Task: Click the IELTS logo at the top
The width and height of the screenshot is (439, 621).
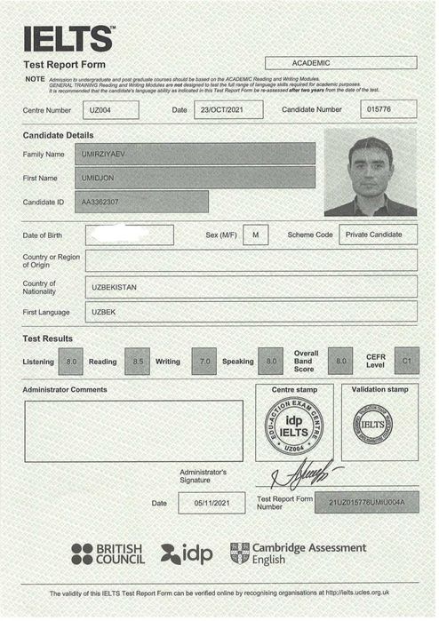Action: coord(68,38)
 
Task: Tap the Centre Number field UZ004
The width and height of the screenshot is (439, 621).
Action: coord(110,110)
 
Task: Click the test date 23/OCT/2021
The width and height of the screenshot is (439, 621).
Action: coord(228,110)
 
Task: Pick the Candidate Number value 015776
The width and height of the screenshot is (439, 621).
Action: coord(389,110)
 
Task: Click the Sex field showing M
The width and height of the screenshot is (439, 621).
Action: coord(255,235)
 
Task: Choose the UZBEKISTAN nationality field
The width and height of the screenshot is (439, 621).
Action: coord(251,287)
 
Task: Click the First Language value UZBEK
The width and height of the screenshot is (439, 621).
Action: coord(251,313)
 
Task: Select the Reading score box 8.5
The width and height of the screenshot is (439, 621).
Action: coord(137,362)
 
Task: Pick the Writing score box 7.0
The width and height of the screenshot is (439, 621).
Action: coord(204,362)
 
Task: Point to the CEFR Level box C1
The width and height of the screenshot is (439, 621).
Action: coord(406,361)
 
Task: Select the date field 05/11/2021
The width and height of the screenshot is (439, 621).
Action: coord(212,504)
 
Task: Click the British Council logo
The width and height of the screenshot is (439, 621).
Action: coord(107,554)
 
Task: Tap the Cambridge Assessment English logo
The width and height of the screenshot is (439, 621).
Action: coord(297,553)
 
